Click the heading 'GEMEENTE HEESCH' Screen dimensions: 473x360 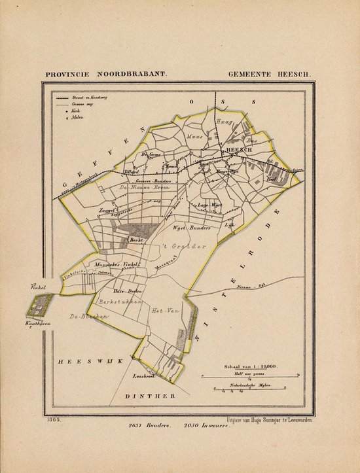[x=271, y=73]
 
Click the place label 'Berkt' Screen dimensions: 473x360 [x=136, y=241]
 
